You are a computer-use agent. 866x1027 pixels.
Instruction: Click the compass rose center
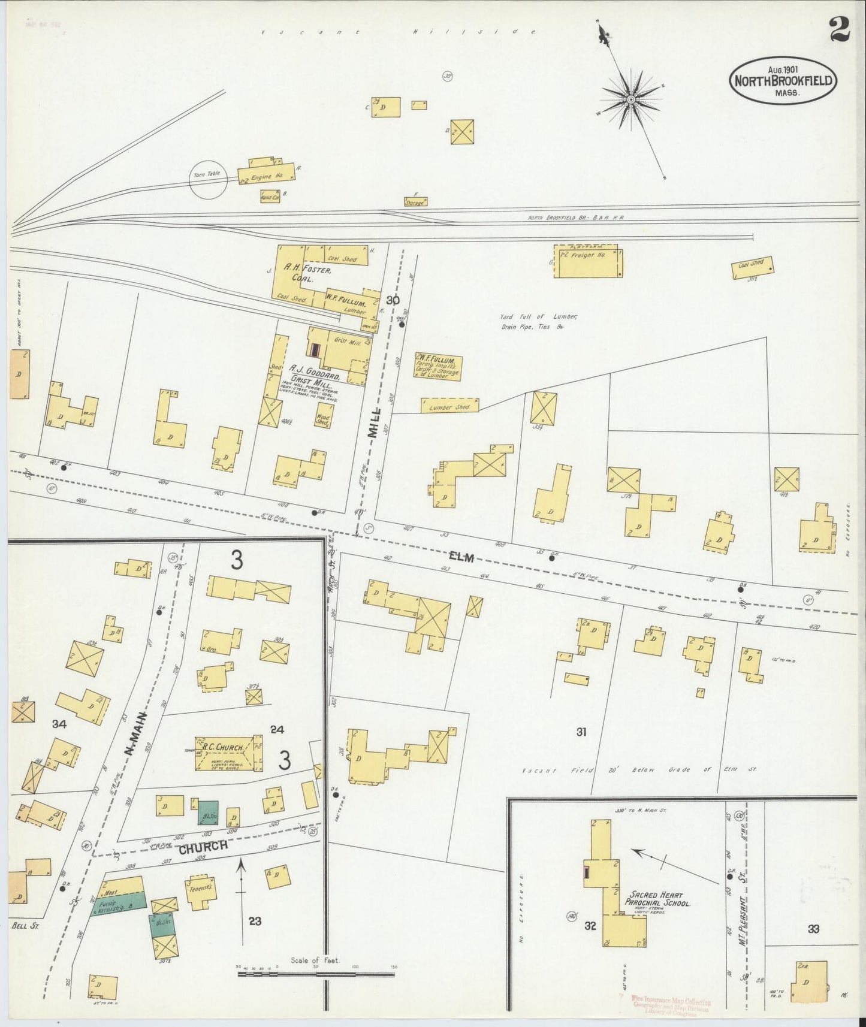point(631,98)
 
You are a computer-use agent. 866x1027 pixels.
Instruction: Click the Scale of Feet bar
point(316,974)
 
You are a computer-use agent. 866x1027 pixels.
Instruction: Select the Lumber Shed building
point(449,406)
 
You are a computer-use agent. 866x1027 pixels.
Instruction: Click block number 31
point(581,732)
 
